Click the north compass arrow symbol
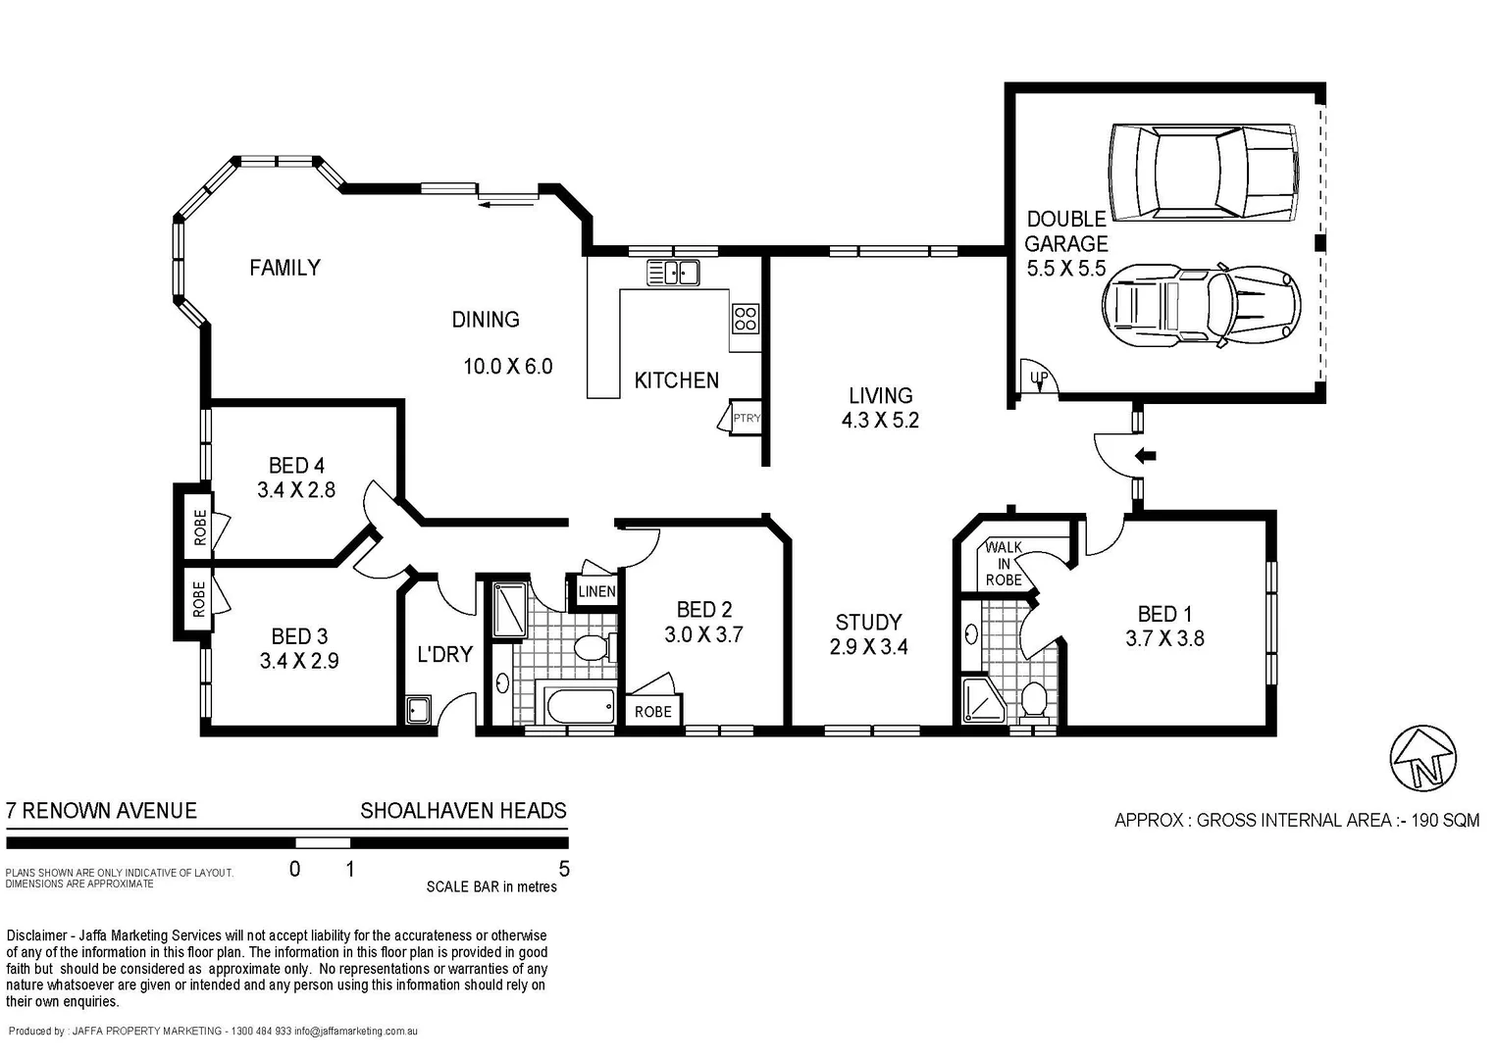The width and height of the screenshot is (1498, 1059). (1423, 758)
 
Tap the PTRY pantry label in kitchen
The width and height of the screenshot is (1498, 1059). (746, 419)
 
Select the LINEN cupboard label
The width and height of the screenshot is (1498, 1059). (596, 591)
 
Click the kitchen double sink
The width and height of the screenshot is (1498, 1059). (673, 272)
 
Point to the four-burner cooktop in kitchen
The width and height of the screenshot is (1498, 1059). (745, 318)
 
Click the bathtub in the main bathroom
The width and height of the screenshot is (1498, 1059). (579, 706)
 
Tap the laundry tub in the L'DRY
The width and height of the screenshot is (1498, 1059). (419, 709)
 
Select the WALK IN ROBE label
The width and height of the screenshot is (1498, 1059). (1004, 564)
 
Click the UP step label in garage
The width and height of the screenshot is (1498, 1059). (1039, 378)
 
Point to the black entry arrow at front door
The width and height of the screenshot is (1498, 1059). (1145, 455)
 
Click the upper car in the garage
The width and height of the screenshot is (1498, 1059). (1205, 173)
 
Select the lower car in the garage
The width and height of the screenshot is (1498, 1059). (1202, 304)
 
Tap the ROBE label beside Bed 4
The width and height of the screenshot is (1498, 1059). (200, 528)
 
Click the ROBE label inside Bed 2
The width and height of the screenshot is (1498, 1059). (652, 712)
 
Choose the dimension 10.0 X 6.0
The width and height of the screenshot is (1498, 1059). (507, 367)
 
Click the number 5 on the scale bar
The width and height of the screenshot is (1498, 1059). (563, 869)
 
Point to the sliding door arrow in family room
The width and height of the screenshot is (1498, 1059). (507, 203)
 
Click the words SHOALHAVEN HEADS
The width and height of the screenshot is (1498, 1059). (463, 811)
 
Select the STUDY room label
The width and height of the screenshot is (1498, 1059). (868, 623)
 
